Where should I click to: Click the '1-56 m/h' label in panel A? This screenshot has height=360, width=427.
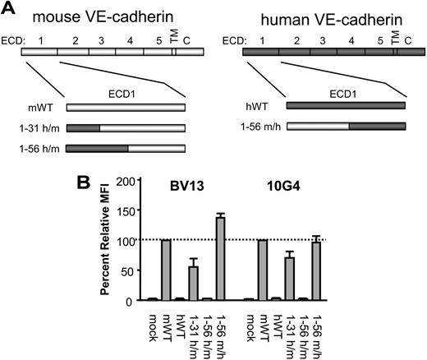(x=257, y=128)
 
